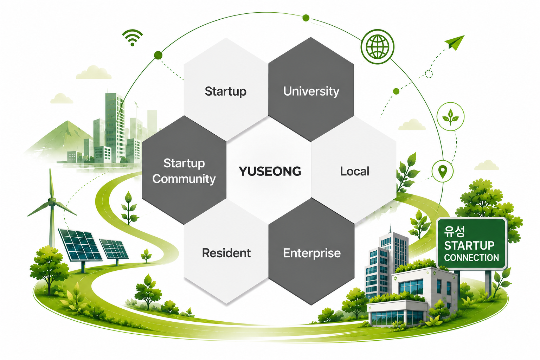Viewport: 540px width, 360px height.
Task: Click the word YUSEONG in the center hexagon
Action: (x=270, y=171)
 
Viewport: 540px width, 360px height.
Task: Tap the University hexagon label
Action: (x=311, y=91)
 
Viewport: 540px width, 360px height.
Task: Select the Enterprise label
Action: (x=312, y=253)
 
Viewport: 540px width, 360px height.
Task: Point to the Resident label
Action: (x=226, y=253)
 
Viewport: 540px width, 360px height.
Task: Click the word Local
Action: (x=354, y=171)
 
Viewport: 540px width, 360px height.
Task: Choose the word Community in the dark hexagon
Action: (x=184, y=179)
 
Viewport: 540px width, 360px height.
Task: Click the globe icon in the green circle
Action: (x=377, y=46)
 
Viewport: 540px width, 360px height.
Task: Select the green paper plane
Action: (x=455, y=43)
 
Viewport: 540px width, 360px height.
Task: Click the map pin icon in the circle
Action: (x=443, y=172)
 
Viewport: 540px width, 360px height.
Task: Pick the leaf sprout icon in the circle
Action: (x=450, y=117)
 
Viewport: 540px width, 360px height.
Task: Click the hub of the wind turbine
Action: (x=51, y=201)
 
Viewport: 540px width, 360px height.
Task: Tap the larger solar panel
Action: (x=80, y=245)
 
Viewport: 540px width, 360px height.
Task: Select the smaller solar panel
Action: (x=114, y=249)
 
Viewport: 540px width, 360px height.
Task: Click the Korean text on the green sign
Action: (x=455, y=231)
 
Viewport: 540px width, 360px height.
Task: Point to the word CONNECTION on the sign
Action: (x=471, y=258)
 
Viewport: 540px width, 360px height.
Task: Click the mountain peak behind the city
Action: (x=68, y=121)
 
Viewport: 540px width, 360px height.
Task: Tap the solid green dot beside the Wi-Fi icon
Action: (x=158, y=55)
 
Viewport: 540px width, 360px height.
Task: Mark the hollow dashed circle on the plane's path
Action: (x=429, y=74)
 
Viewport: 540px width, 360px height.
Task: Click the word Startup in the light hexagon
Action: (x=226, y=92)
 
